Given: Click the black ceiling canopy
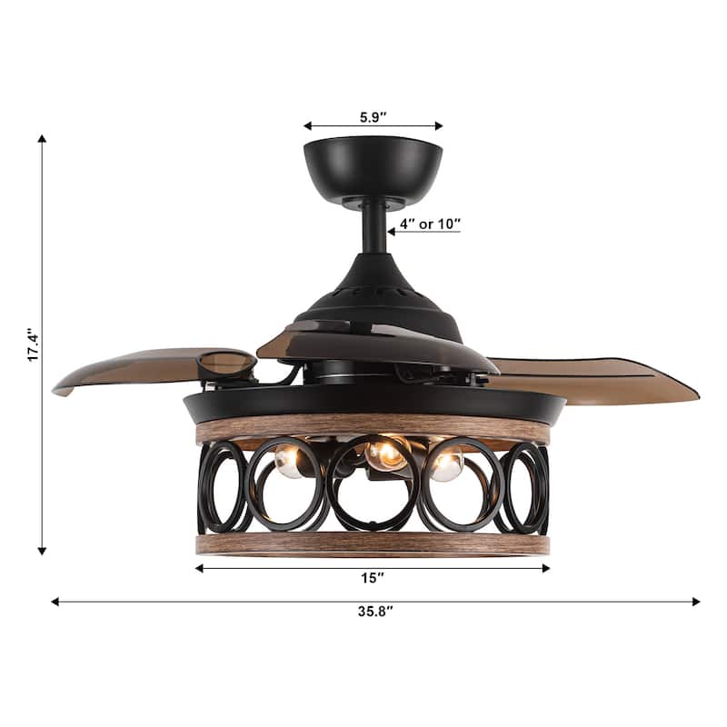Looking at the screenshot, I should [373, 168].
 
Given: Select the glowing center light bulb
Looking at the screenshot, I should [386, 452].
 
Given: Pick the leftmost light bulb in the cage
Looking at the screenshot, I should [289, 463].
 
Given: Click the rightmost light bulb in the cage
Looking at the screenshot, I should [446, 464].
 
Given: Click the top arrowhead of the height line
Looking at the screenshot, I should [42, 140].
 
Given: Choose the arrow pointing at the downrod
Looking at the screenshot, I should [393, 231].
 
